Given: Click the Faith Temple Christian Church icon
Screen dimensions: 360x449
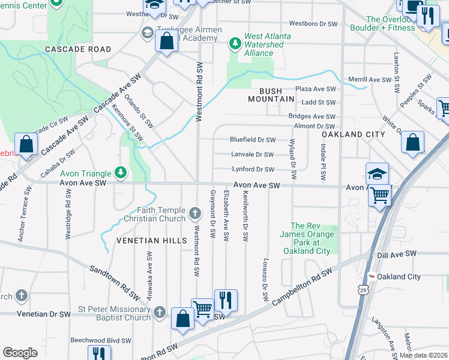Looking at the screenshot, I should [194, 213].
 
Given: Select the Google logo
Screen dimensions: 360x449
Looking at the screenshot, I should [20, 352].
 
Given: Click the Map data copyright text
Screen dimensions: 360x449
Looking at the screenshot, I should [423, 355].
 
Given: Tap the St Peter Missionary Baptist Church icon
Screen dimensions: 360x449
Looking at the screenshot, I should [159, 312].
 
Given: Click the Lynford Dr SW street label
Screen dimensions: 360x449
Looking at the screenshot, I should [253, 170].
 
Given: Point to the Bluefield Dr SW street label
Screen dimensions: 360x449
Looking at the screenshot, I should [253, 140].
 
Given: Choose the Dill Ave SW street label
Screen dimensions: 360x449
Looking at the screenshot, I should [398, 254].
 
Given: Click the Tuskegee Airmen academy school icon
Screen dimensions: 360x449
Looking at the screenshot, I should [146, 32].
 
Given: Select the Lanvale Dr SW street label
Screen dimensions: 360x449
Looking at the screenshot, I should [253, 155].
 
